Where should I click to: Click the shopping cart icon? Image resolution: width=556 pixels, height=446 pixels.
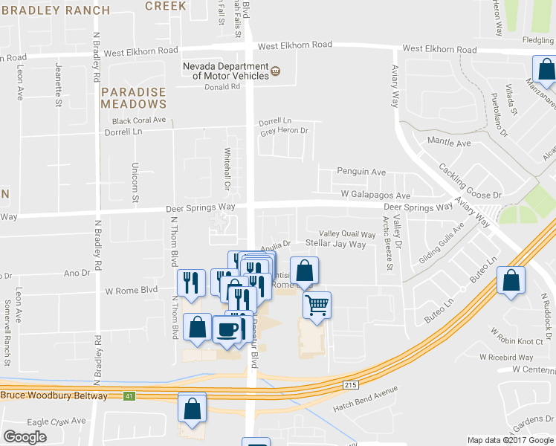pyautogui.click(x=317, y=304)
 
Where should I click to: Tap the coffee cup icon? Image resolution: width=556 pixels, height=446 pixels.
pyautogui.click(x=227, y=328)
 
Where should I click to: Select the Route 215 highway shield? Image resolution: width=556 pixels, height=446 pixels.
pyautogui.click(x=351, y=384)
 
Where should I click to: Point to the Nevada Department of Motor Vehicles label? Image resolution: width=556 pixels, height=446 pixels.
pyautogui.click(x=226, y=71)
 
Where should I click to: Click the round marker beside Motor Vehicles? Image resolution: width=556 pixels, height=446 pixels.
pyautogui.click(x=276, y=71)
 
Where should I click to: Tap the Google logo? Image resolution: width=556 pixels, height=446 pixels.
pyautogui.click(x=25, y=437)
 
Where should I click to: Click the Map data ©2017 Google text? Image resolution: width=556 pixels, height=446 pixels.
pyautogui.click(x=511, y=440)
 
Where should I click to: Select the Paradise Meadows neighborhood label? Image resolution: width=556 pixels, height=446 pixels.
pyautogui.click(x=134, y=97)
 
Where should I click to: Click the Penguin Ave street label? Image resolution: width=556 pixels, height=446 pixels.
pyautogui.click(x=361, y=172)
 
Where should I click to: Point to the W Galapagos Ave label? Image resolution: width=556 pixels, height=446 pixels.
pyautogui.click(x=375, y=195)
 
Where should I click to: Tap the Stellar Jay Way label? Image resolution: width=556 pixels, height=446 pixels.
pyautogui.click(x=336, y=244)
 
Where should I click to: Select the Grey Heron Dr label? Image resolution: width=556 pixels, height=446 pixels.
pyautogui.click(x=283, y=132)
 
